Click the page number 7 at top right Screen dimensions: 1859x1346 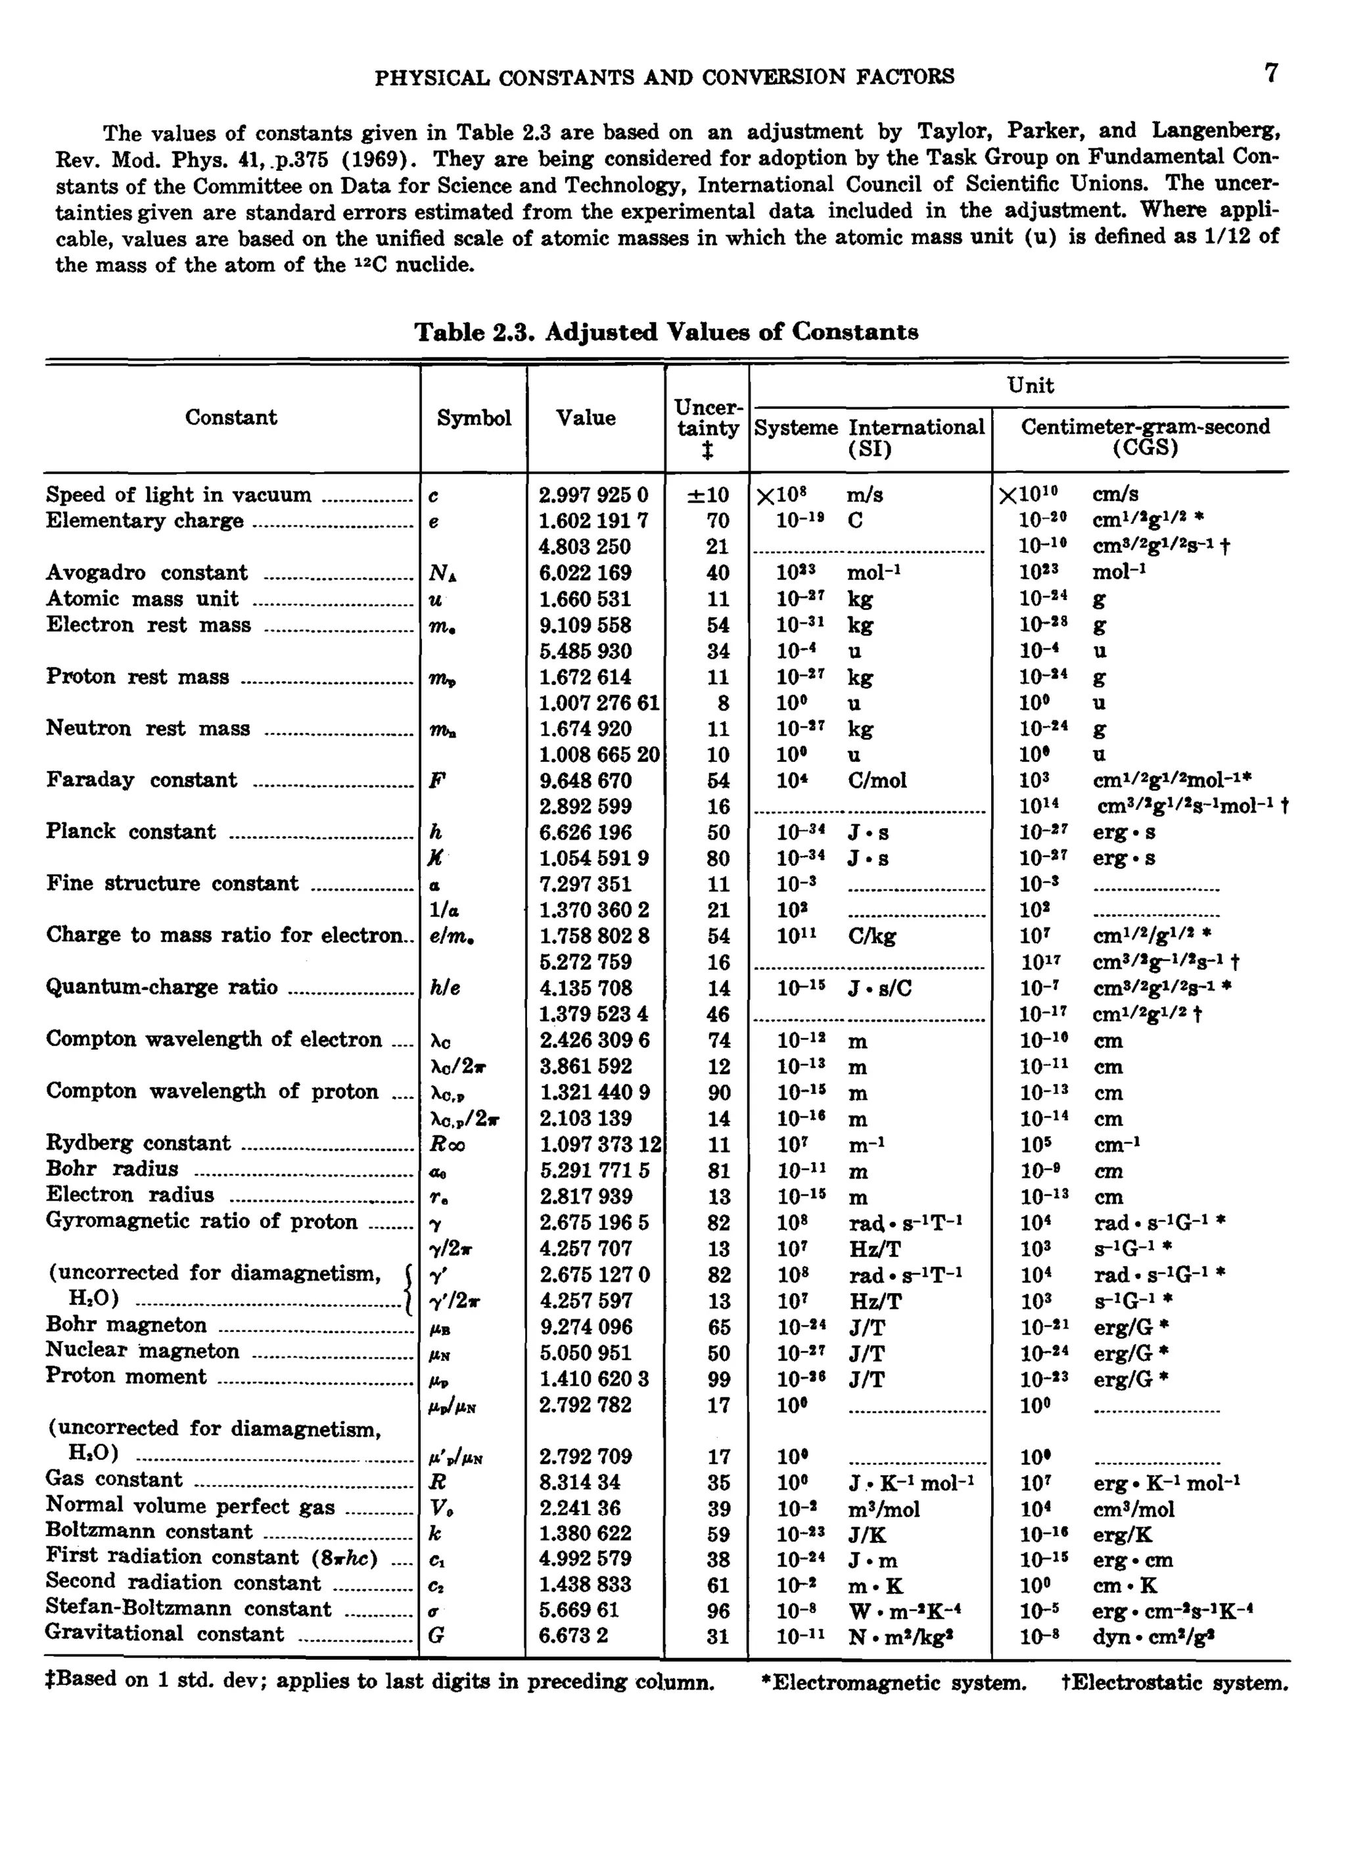click(1270, 74)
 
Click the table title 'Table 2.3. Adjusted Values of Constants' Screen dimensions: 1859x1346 click(666, 332)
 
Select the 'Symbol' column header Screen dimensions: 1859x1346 click(474, 418)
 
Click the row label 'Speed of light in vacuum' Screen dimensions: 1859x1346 click(179, 495)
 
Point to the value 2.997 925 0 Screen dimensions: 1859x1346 click(593, 495)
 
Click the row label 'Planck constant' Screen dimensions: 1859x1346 click(131, 832)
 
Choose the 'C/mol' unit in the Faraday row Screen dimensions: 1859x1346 click(877, 780)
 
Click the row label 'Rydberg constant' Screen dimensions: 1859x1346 click(139, 1143)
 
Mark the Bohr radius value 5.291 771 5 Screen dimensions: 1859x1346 click(594, 1171)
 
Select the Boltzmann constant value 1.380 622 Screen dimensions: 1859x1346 click(586, 1533)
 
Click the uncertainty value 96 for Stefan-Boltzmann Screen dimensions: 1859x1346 click(718, 1611)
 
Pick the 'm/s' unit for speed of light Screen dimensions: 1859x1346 click(865, 495)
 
